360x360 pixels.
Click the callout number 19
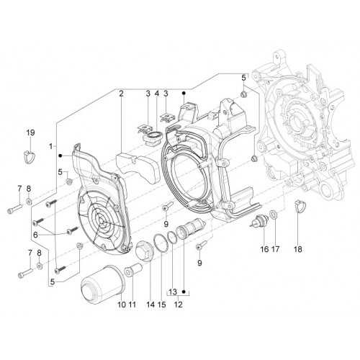click(x=30, y=132)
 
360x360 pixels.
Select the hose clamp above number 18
click(x=300, y=207)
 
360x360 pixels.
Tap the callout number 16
click(x=264, y=249)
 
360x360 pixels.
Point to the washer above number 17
click(x=274, y=215)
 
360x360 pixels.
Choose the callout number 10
click(x=122, y=305)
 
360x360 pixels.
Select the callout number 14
click(x=150, y=305)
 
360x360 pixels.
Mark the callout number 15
click(x=162, y=305)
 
